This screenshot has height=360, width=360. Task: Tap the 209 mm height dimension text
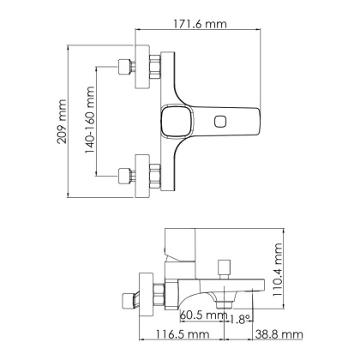tap(61, 121)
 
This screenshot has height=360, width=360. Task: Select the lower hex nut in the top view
tap(154, 175)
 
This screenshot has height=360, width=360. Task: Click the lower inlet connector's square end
tap(123, 175)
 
